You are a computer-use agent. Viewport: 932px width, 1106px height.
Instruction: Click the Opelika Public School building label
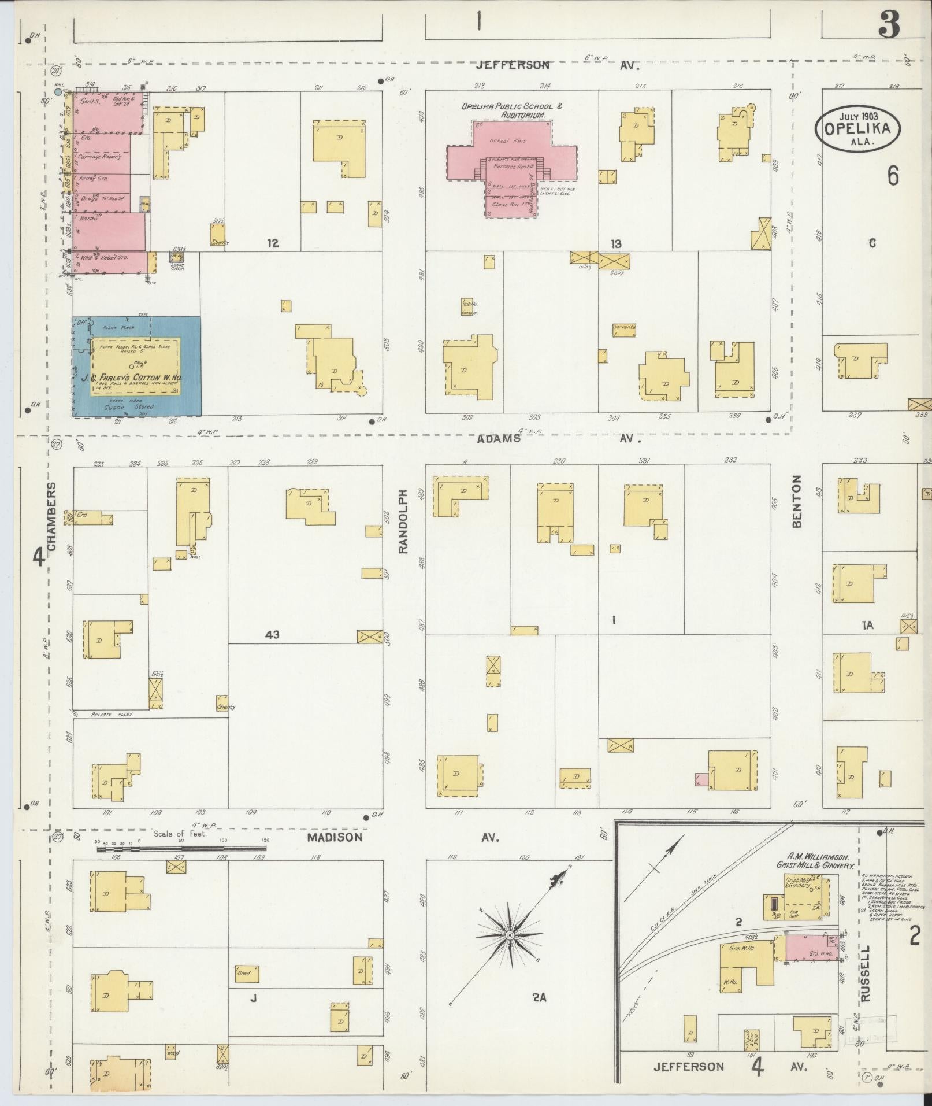click(x=511, y=110)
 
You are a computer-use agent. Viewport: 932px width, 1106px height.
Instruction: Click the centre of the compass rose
click(x=510, y=935)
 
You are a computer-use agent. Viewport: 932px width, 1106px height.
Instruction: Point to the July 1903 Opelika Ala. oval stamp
click(x=859, y=129)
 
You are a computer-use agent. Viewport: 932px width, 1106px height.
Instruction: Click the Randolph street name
click(x=404, y=521)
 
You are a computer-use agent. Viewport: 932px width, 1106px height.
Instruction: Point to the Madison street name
click(x=335, y=837)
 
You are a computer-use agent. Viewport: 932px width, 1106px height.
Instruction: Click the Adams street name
click(x=499, y=439)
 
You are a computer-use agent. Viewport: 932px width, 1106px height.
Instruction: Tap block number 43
click(x=272, y=635)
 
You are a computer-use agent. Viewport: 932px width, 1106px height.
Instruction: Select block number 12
click(x=273, y=243)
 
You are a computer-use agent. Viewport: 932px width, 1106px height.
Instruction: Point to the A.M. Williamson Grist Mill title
click(x=815, y=861)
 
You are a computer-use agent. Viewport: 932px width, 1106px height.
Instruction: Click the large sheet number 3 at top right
click(x=889, y=25)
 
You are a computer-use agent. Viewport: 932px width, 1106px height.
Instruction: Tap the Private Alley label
click(x=112, y=715)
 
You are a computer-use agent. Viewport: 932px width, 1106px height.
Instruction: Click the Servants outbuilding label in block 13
click(x=625, y=327)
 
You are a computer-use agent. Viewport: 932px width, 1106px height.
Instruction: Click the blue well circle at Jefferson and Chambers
click(x=57, y=91)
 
